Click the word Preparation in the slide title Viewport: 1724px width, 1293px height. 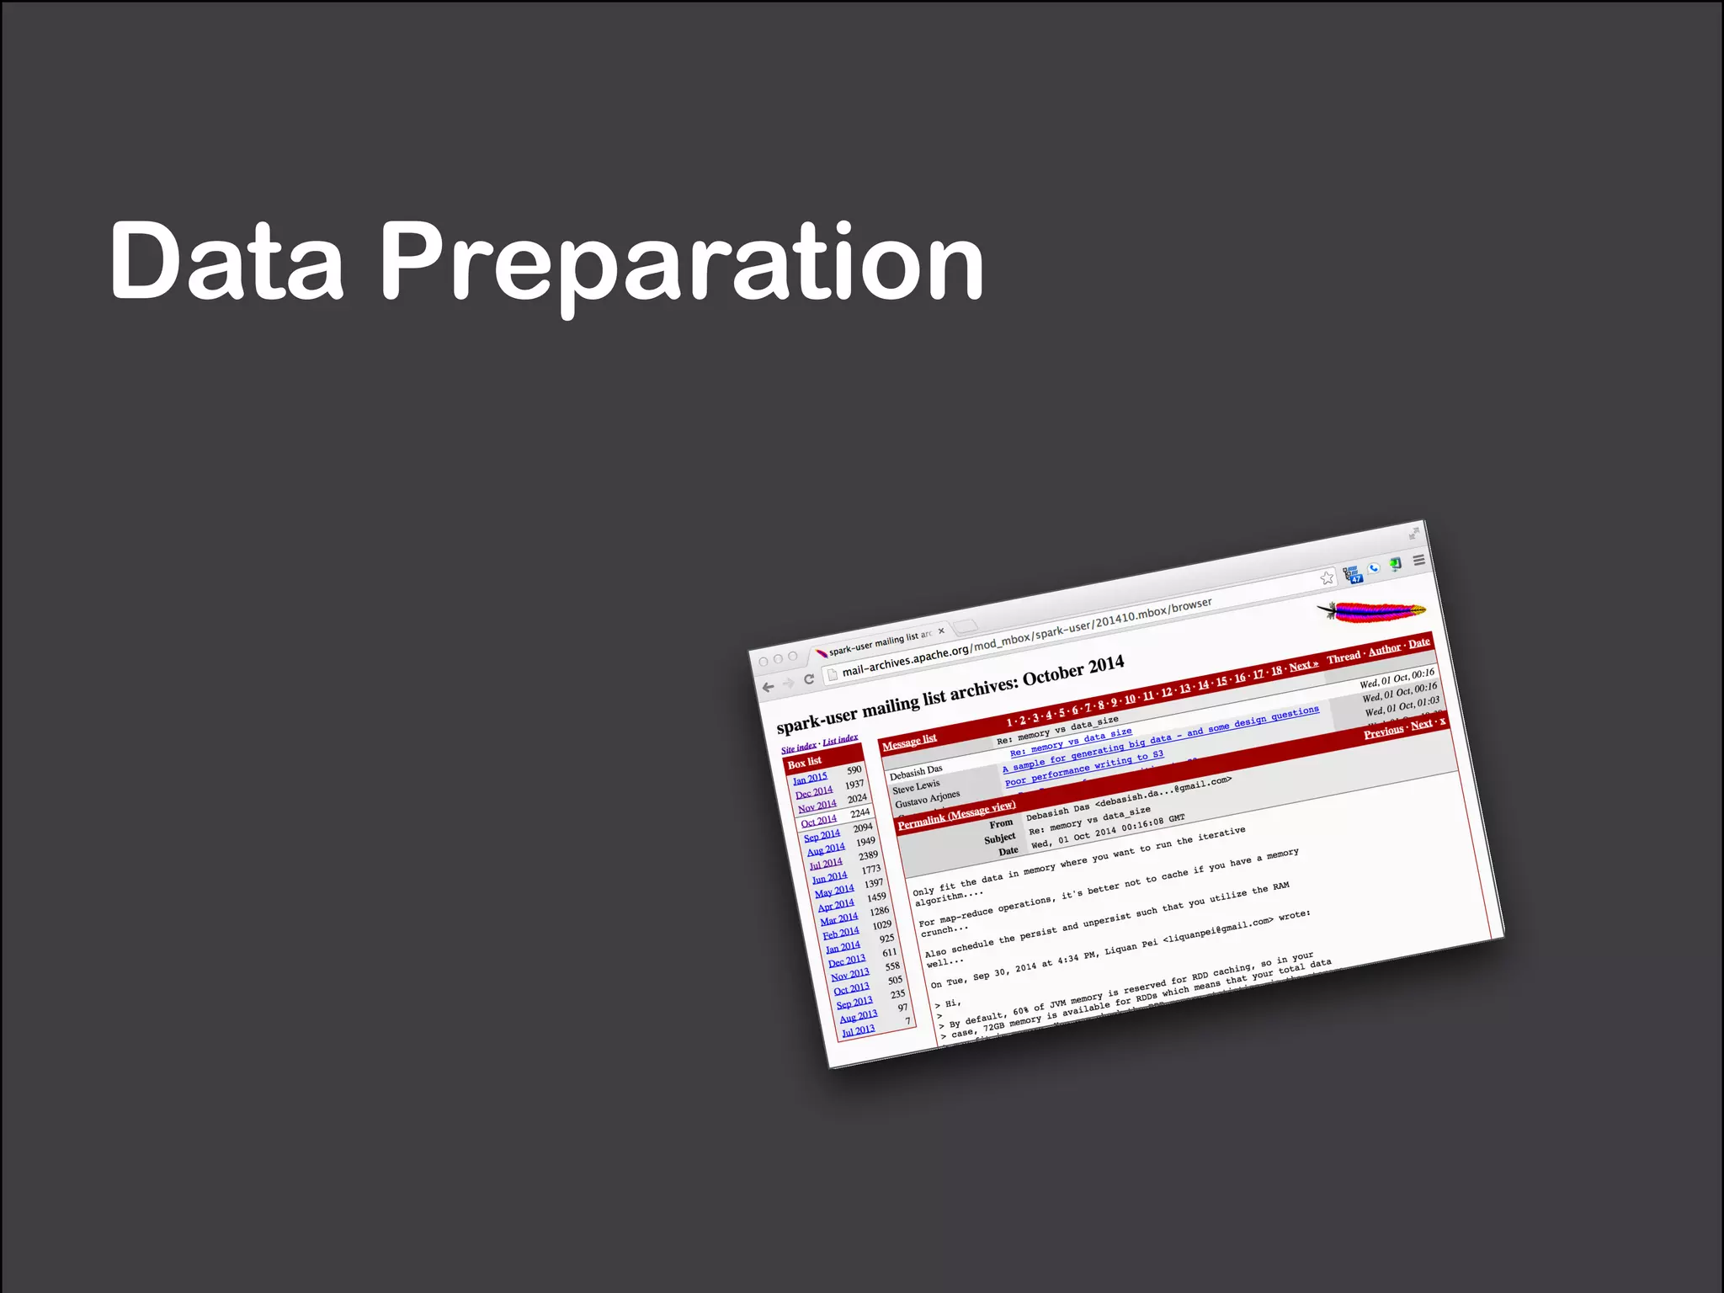click(682, 263)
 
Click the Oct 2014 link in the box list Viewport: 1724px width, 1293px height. click(818, 822)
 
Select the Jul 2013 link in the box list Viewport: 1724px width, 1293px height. click(858, 1031)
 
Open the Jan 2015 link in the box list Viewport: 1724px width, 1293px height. click(810, 779)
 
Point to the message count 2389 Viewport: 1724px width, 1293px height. click(868, 855)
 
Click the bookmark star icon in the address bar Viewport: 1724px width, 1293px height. click(1327, 577)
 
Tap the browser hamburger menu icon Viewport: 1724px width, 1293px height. click(1418, 560)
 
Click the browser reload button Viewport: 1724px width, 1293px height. click(809, 679)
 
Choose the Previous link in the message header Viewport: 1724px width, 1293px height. click(1383, 732)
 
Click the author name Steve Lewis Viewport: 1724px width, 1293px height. click(916, 786)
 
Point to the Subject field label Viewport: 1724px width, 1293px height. click(999, 838)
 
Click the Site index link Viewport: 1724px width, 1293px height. click(798, 748)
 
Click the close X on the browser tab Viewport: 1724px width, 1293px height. click(941, 631)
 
